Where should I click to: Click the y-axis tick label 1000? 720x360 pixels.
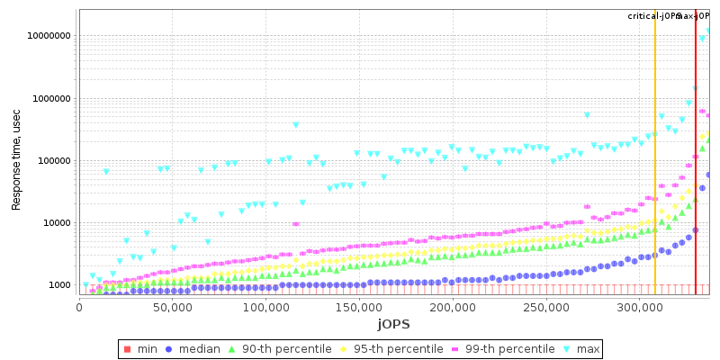click(x=59, y=285)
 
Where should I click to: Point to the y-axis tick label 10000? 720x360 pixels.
click(x=56, y=223)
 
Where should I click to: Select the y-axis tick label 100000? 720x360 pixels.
click(x=53, y=161)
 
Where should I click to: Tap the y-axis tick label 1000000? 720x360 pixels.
click(x=50, y=99)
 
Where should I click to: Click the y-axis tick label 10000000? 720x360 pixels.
click(x=48, y=37)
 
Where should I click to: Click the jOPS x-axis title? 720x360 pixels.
click(x=393, y=324)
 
